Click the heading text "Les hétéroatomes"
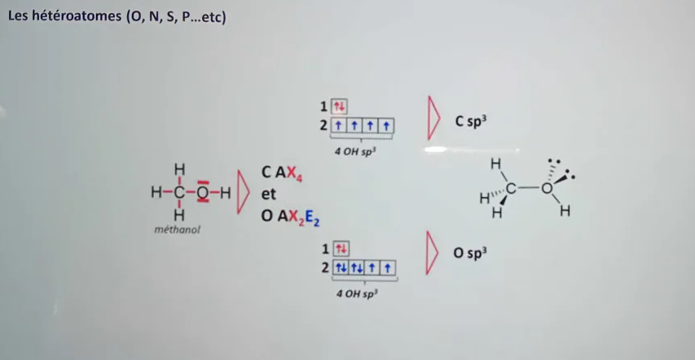67,19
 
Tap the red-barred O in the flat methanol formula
203,192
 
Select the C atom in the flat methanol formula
179,192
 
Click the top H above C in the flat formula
179,169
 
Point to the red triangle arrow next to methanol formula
244,191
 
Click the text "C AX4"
282,173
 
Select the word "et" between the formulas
268,194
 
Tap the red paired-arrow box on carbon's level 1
339,107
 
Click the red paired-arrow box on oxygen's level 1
341,249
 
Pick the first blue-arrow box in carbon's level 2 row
339,126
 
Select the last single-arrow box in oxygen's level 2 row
388,268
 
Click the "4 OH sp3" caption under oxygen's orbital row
359,293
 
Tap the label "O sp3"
470,253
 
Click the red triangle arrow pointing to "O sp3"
432,252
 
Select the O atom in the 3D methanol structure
547,188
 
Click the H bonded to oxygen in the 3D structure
565,212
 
